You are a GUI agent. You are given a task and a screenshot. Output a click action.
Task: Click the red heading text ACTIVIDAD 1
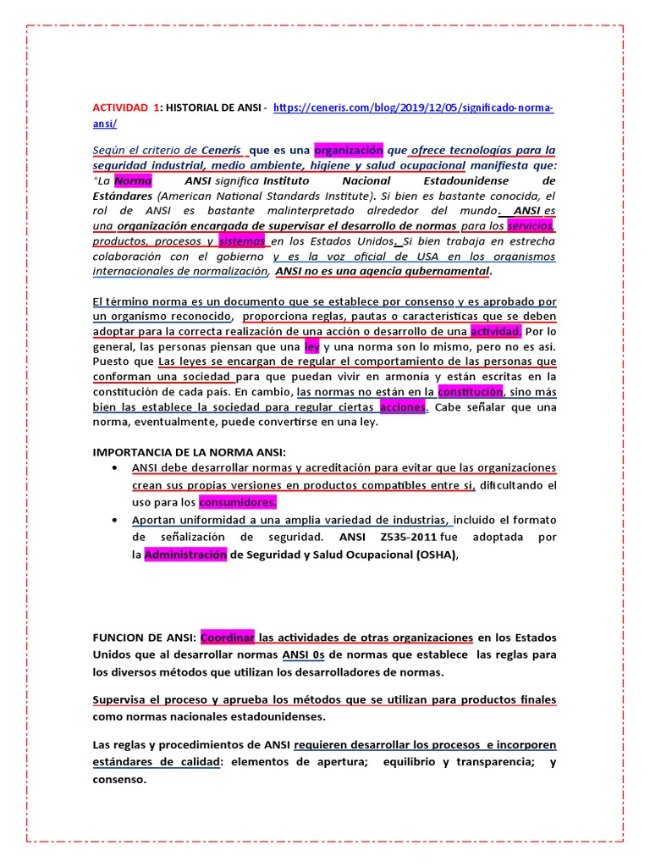[x=126, y=108]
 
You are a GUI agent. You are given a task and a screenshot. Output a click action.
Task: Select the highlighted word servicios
[x=531, y=226]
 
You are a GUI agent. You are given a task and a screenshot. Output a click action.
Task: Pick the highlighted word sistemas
[x=242, y=241]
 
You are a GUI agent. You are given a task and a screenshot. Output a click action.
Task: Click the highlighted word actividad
[x=497, y=331]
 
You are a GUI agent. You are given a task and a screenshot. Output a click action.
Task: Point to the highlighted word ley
[x=311, y=346]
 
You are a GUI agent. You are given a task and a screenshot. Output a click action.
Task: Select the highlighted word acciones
[x=404, y=407]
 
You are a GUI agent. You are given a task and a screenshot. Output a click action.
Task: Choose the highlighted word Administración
[x=185, y=555]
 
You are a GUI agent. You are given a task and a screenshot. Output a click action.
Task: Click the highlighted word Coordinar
[x=228, y=637]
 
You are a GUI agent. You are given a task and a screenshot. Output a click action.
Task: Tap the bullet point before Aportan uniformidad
[x=113, y=519]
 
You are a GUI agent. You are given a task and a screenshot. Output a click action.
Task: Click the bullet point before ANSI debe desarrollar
[x=113, y=467]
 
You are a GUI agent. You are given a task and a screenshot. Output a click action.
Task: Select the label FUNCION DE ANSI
[x=144, y=637]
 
